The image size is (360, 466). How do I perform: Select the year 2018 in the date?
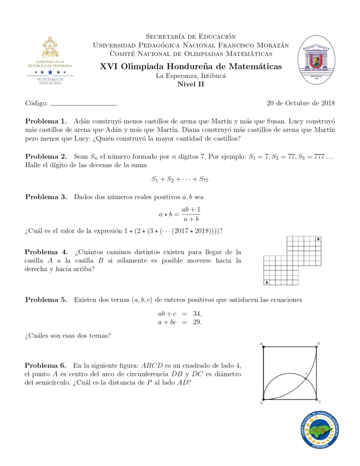click(328, 103)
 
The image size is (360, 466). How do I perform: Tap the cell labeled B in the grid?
click(318, 239)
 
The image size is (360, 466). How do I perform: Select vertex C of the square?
click(317, 400)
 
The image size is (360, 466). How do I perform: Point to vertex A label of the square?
click(262, 343)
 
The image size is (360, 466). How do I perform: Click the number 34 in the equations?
click(197, 313)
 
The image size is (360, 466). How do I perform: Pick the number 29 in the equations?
click(197, 322)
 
